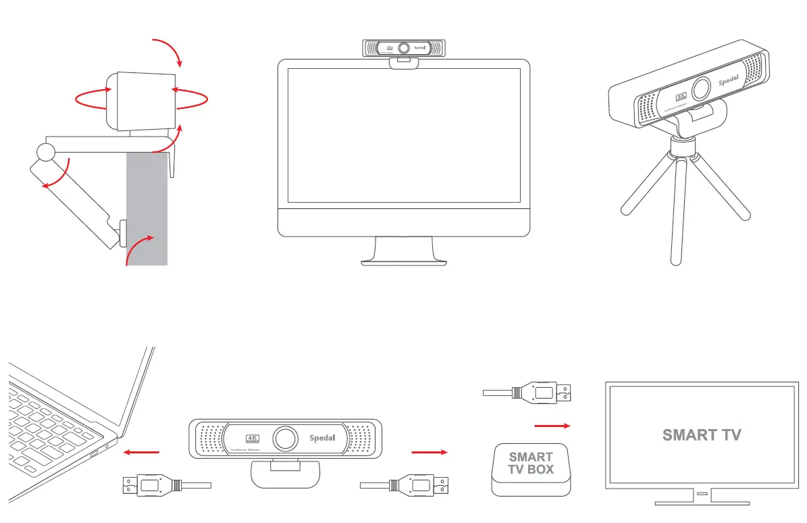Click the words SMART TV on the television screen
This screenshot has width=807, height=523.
coord(701,434)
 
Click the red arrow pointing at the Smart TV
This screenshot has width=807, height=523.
coord(552,426)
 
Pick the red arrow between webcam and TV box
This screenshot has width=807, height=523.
coord(429,451)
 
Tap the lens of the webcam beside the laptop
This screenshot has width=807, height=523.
coord(286,438)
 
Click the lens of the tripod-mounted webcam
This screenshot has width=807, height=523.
coord(702,89)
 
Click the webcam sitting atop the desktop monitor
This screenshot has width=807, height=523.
coord(404,49)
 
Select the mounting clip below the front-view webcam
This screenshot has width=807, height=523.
coord(284,473)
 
